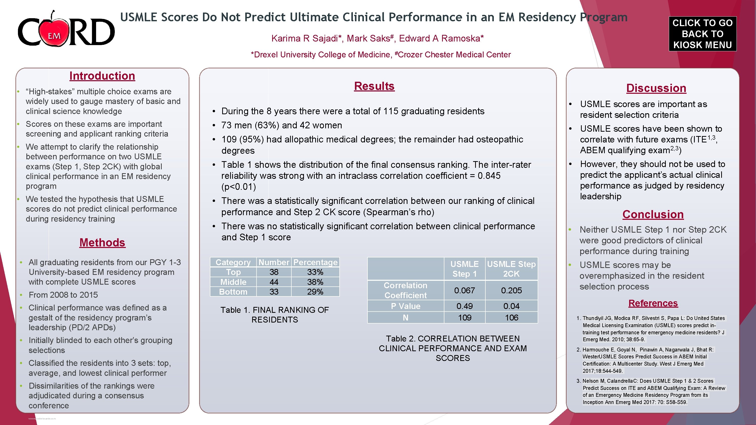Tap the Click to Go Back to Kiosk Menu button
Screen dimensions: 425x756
tap(702, 34)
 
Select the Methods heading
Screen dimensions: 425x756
tap(102, 243)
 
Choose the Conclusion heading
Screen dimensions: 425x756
tap(653, 214)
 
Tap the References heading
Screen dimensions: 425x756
tap(653, 303)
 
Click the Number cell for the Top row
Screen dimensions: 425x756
tap(274, 272)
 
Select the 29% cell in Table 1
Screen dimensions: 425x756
tap(315, 292)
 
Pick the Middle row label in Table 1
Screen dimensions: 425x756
tap(233, 282)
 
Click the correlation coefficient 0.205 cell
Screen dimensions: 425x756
tap(511, 290)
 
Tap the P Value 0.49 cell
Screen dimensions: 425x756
tap(464, 306)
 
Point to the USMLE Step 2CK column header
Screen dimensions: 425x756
tap(511, 269)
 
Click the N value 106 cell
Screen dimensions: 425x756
tap(511, 317)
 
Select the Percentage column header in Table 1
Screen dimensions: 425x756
tap(315, 262)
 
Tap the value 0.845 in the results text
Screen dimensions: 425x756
tap(489, 176)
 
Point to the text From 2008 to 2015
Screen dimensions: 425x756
tap(63, 295)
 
